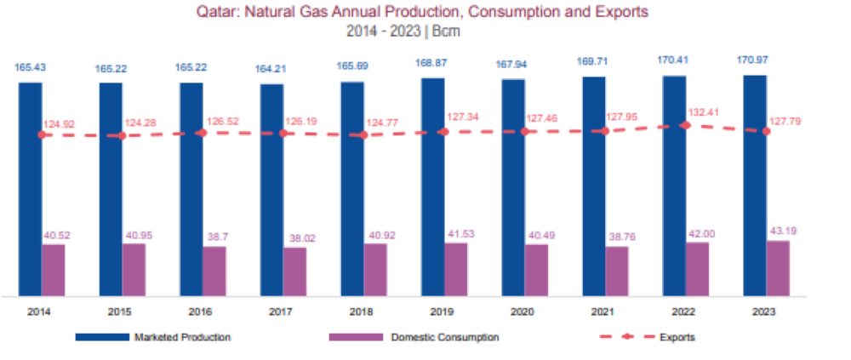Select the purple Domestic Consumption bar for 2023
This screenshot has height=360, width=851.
(778, 268)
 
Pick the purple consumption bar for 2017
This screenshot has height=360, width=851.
(294, 271)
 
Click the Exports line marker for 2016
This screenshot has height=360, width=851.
(202, 132)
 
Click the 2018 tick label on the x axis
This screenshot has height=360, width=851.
(362, 312)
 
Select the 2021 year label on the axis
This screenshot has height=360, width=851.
(603, 312)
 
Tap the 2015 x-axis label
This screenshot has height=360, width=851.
(120, 312)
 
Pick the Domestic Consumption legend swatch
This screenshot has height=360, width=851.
(356, 337)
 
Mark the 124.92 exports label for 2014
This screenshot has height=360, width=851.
(59, 124)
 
